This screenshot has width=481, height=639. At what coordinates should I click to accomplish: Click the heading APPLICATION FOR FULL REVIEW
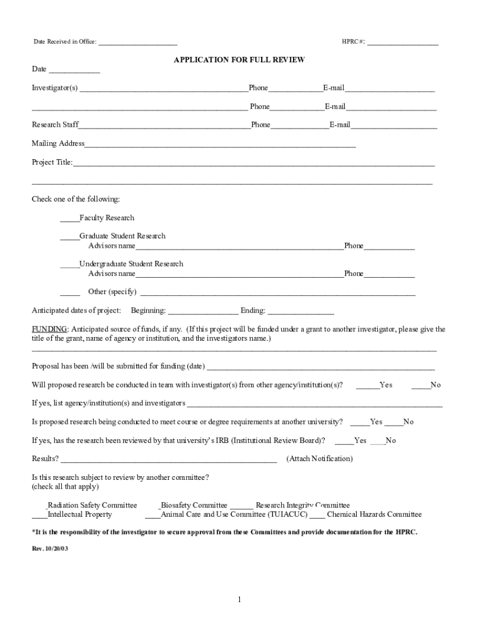point(239,60)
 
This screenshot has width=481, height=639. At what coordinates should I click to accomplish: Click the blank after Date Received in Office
point(137,43)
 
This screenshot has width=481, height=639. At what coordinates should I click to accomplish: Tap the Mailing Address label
point(58,144)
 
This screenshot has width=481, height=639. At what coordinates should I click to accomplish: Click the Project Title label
point(52,162)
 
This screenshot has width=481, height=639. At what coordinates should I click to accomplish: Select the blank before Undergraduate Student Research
point(69,265)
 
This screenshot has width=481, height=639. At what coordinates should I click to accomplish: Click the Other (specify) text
point(112,291)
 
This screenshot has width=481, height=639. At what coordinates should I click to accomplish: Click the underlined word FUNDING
point(49,329)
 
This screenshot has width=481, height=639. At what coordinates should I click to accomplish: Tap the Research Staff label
point(56,125)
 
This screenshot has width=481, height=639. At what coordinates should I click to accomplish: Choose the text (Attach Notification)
point(319,459)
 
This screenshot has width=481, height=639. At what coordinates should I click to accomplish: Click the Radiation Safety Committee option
point(92,505)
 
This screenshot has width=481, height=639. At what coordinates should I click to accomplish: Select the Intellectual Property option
point(80,515)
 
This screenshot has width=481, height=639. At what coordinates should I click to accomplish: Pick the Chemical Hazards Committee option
point(374,515)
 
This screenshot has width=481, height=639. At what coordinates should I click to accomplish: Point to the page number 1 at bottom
point(239,600)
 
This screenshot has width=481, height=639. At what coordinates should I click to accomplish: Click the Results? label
point(46,459)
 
